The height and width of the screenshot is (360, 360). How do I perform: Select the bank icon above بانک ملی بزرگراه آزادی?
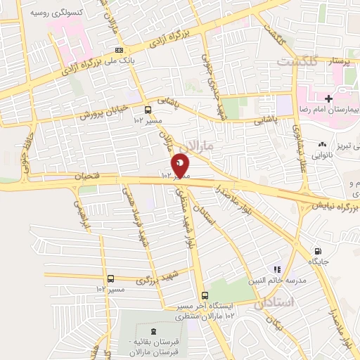[120, 50]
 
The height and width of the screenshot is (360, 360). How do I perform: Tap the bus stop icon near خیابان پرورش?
[148, 110]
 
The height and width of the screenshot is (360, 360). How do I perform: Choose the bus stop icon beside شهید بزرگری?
[110, 278]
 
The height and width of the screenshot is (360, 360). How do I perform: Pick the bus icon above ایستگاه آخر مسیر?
[204, 295]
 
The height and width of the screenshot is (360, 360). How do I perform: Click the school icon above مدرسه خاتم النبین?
[277, 269]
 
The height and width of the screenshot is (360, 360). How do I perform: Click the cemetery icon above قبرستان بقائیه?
[153, 332]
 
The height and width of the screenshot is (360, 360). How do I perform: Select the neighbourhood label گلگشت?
[296, 62]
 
